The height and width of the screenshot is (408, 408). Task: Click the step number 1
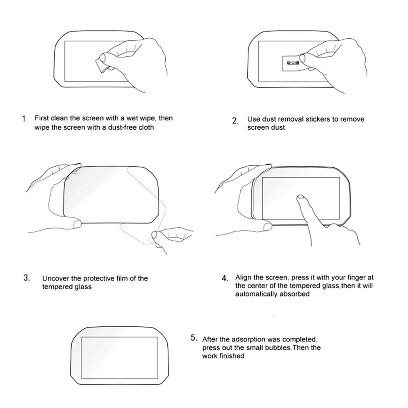pos(24,119)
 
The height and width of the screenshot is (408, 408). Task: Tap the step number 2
pos(235,121)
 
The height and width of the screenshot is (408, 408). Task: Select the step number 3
pos(27,278)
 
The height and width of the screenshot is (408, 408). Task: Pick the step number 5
pos(194,338)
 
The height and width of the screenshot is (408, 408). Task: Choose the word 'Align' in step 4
pos(243,278)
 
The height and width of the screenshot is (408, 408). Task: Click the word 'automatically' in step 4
pos(256,294)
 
